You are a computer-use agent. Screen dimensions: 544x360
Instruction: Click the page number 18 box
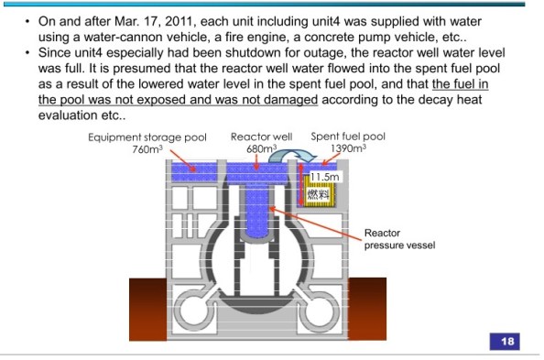pyautogui.click(x=505, y=342)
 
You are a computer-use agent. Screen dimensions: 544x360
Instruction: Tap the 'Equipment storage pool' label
pyautogui.click(x=147, y=137)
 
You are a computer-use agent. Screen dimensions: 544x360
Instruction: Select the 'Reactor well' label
pyautogui.click(x=261, y=136)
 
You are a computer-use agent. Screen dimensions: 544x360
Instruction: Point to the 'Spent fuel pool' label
pyautogui.click(x=348, y=136)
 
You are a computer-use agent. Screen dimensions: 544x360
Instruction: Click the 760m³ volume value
pyautogui.click(x=147, y=149)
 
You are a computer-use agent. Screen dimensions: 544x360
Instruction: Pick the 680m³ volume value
pyautogui.click(x=262, y=148)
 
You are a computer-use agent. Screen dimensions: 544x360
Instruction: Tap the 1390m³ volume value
pyautogui.click(x=348, y=148)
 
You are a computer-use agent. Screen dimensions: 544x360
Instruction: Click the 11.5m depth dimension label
pyautogui.click(x=324, y=177)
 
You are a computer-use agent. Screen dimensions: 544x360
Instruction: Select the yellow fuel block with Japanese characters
pyautogui.click(x=320, y=191)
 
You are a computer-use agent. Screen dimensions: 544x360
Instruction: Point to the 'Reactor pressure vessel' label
pyautogui.click(x=399, y=239)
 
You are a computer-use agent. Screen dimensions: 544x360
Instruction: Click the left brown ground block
pyautogui.click(x=147, y=309)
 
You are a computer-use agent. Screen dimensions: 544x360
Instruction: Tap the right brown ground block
pyautogui.click(x=367, y=309)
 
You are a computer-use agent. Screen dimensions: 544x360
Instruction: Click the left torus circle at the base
pyautogui.click(x=180, y=309)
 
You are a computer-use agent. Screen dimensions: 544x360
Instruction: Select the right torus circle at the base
pyautogui.click(x=336, y=309)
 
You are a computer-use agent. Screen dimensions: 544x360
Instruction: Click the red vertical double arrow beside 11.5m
pyautogui.click(x=301, y=184)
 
